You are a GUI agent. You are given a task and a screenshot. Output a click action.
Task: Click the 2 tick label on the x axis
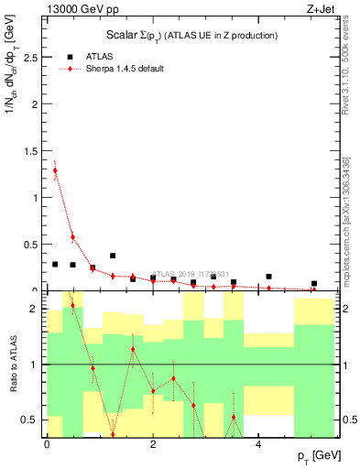tap(153, 445)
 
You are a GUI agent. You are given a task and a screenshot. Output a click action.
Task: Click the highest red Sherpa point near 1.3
tap(55, 169)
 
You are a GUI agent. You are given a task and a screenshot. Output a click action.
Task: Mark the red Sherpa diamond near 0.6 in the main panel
tap(72, 236)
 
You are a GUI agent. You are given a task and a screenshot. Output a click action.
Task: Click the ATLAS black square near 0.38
tap(113, 256)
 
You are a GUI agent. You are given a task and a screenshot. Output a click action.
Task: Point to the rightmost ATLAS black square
tap(313, 284)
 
